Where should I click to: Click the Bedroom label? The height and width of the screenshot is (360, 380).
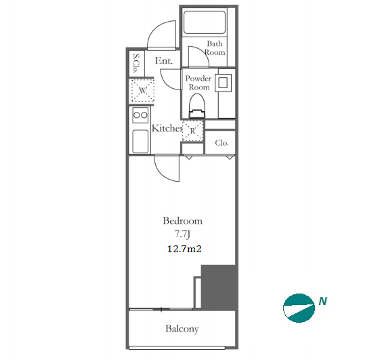(x=182, y=221)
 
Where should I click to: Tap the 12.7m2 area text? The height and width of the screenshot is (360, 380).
(x=184, y=249)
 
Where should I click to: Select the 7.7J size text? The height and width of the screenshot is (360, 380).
(x=182, y=235)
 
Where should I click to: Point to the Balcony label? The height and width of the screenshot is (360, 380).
(x=182, y=329)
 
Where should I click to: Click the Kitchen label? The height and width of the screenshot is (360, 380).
(x=167, y=128)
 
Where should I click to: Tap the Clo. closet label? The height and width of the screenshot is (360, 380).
(x=221, y=143)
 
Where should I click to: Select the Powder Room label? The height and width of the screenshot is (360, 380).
(x=198, y=83)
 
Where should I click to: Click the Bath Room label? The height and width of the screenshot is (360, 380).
(x=215, y=48)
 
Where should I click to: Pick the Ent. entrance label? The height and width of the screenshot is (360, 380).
(x=164, y=60)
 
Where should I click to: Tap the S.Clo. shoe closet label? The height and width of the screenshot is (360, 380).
(x=136, y=63)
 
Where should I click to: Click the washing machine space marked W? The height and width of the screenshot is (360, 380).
(x=143, y=90)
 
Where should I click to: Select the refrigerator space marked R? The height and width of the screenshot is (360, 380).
(x=192, y=131)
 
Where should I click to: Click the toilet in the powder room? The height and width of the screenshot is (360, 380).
(x=197, y=106)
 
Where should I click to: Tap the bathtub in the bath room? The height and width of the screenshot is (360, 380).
(x=205, y=22)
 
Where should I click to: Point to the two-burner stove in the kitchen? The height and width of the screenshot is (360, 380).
(x=140, y=115)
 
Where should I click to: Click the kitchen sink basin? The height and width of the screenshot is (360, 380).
(x=140, y=142)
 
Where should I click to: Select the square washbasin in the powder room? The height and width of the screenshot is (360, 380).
(x=223, y=83)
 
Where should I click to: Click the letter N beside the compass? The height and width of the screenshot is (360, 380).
(x=323, y=301)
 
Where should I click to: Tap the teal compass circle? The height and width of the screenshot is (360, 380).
(x=299, y=308)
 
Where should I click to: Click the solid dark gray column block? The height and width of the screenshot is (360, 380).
(x=219, y=287)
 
